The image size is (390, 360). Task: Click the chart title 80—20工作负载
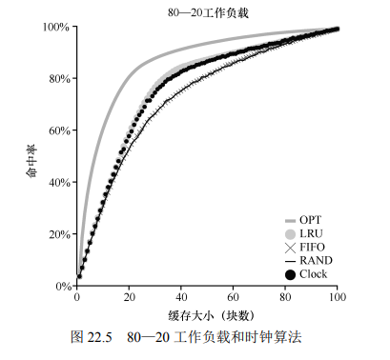click(208, 13)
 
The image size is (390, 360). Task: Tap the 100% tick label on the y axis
click(56, 27)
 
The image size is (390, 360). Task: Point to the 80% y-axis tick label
click(59, 79)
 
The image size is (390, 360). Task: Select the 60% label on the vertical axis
click(59, 130)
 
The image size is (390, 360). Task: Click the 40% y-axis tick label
click(59, 183)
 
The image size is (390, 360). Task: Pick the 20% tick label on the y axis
click(59, 234)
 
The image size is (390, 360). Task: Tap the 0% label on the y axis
click(63, 286)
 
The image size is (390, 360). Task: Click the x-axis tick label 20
click(129, 297)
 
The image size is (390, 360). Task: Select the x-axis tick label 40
click(181, 297)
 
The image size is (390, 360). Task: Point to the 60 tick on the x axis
click(233, 297)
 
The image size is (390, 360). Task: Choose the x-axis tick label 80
click(285, 297)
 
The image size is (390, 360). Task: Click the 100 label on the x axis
click(338, 297)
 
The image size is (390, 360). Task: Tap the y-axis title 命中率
click(31, 161)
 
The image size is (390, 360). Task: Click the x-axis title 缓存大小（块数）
click(212, 315)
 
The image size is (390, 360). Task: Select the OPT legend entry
click(303, 220)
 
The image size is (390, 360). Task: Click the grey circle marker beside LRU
click(291, 234)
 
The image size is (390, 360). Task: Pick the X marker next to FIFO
click(290, 248)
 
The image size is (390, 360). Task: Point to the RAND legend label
click(316, 261)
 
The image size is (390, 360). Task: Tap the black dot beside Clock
click(291, 274)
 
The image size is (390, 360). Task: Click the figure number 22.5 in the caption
click(99, 337)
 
